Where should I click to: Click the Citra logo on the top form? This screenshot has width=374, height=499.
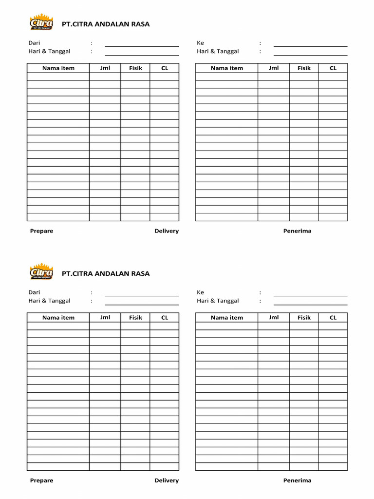pyautogui.click(x=41, y=23)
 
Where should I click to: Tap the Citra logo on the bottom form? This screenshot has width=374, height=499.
pyautogui.click(x=41, y=272)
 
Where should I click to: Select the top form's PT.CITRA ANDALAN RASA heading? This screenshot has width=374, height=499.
pyautogui.click(x=106, y=24)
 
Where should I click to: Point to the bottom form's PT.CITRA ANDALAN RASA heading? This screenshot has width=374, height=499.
pyautogui.click(x=106, y=273)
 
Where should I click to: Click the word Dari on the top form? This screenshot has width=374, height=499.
pyautogui.click(x=34, y=43)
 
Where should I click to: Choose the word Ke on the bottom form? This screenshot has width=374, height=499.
pyautogui.click(x=201, y=292)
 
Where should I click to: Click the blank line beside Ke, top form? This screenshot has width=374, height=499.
pyautogui.click(x=310, y=46)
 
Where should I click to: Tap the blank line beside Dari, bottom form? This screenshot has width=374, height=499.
pyautogui.click(x=142, y=295)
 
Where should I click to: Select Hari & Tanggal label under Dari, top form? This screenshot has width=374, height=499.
pyautogui.click(x=49, y=51)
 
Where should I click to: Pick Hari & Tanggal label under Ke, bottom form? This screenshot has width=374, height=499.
pyautogui.click(x=218, y=301)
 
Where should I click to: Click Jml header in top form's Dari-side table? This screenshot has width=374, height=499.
pyautogui.click(x=105, y=68)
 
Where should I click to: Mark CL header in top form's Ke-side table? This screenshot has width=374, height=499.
pyautogui.click(x=333, y=68)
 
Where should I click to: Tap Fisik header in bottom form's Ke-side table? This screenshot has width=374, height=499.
pyautogui.click(x=304, y=318)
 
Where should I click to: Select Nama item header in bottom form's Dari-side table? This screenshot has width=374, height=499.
pyautogui.click(x=58, y=318)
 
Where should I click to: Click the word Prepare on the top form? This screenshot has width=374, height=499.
pyautogui.click(x=42, y=231)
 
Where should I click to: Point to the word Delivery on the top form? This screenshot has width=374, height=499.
pyautogui.click(x=167, y=231)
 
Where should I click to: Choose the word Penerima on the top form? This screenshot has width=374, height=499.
pyautogui.click(x=297, y=231)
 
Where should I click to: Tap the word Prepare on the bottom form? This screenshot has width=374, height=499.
pyautogui.click(x=42, y=480)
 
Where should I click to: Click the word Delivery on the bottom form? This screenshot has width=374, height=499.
pyautogui.click(x=167, y=480)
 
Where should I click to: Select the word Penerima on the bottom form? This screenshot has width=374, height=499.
pyautogui.click(x=297, y=480)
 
